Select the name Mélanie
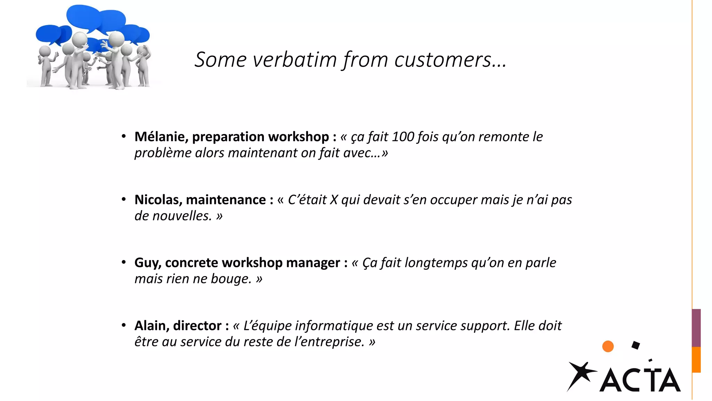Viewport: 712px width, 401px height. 161,137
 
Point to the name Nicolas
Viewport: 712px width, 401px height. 158,200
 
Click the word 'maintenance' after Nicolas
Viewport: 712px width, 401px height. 226,200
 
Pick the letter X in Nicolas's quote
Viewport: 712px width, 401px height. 334,200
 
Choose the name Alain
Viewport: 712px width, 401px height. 152,326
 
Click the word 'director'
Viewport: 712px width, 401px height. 197,326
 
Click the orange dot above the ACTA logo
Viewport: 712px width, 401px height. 608,346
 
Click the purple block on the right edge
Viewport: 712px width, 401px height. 696,328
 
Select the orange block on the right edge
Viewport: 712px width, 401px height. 696,360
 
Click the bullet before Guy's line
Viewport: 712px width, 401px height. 124,262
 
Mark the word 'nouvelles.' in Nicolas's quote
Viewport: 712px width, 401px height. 182,216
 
